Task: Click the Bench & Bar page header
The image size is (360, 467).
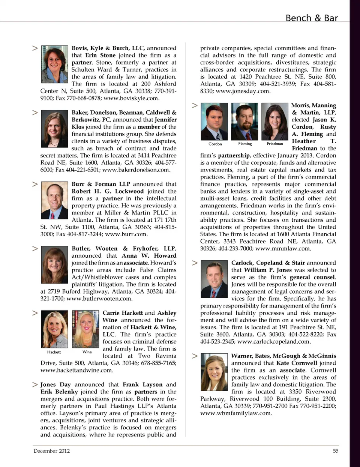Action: coord(311,18)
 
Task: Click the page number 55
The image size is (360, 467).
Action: coord(336,451)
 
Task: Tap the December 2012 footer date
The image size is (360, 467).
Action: coord(51,451)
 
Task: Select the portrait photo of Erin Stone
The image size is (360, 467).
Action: coord(54,64)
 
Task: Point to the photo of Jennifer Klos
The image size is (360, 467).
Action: coord(54,129)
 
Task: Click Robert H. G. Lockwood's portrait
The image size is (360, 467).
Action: coord(54,200)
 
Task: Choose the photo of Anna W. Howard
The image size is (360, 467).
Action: coord(54,265)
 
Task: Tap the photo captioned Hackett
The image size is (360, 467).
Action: coord(54,329)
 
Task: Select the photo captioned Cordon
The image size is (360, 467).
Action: coord(214,122)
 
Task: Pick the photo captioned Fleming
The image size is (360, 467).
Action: coord(244,122)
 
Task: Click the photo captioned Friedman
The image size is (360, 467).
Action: coord(274,122)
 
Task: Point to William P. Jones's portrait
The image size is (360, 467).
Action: coord(214,279)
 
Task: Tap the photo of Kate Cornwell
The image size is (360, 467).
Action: coord(214,372)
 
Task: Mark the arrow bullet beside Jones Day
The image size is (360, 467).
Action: coord(35,384)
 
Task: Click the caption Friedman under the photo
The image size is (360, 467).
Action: coord(275,144)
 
